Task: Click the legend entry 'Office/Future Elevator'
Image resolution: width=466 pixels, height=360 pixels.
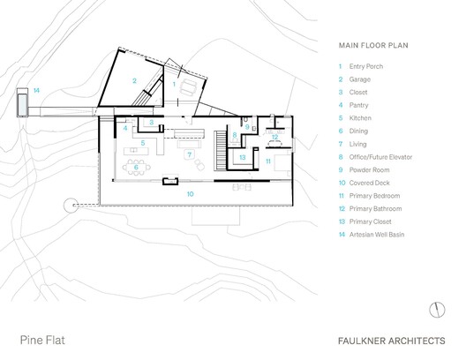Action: click(x=387, y=155)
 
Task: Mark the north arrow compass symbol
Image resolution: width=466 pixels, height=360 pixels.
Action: click(x=435, y=308)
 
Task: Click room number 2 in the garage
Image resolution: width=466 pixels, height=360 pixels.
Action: click(x=134, y=81)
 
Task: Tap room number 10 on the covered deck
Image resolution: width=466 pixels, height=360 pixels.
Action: click(x=189, y=192)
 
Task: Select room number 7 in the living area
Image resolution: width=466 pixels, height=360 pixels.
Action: click(x=188, y=154)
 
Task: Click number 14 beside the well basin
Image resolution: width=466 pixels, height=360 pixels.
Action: click(x=36, y=90)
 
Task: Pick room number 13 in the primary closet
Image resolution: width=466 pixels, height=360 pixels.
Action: click(x=242, y=157)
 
